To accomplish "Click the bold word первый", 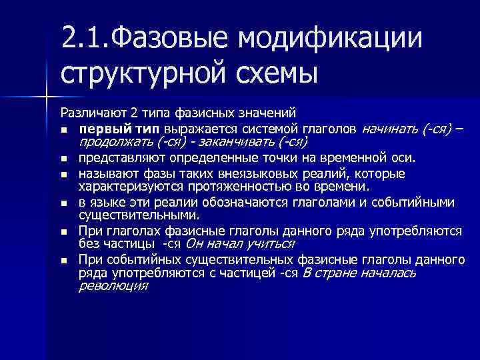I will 99,127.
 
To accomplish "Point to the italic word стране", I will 336,273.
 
